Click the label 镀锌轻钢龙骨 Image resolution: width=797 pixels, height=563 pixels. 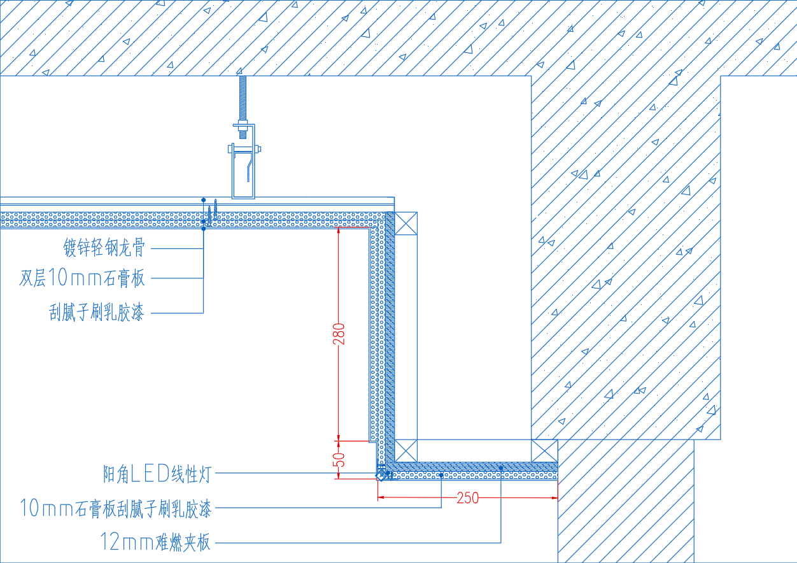click(104, 247)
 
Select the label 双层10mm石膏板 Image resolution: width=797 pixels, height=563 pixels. click(82, 278)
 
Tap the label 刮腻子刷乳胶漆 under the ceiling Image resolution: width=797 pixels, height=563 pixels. click(96, 313)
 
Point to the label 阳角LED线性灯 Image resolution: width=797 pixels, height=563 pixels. click(157, 474)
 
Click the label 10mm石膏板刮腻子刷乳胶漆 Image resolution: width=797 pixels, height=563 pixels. click(116, 508)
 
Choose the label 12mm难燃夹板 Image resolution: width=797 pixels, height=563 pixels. click(155, 543)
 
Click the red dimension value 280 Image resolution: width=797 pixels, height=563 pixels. click(339, 334)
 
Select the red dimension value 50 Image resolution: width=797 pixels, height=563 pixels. click(339, 459)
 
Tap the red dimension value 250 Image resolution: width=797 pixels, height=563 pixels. click(468, 498)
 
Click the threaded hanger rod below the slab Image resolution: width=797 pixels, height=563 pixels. click(243, 99)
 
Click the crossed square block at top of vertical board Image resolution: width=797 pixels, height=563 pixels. click(406, 224)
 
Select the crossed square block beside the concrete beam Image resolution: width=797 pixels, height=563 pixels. click(544, 451)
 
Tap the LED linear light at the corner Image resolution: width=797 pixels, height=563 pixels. click(382, 474)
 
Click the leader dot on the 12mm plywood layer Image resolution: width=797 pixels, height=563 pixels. click(501, 468)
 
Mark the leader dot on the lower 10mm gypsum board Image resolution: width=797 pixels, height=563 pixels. click(441, 475)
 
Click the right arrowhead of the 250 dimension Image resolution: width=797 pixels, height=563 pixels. click(554, 498)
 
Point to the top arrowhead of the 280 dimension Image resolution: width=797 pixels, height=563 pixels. click(339, 231)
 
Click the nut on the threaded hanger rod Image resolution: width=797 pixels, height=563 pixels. click(243, 126)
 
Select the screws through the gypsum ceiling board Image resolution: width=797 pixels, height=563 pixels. click(213, 213)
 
